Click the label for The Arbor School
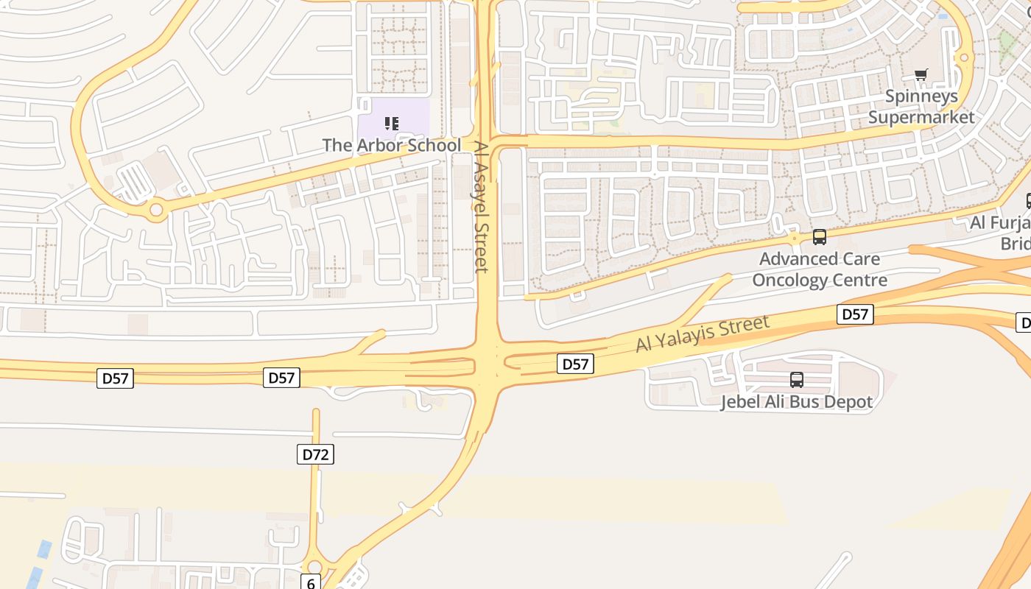pos(392,145)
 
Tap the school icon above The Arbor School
pos(392,124)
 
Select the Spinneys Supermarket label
pos(921,107)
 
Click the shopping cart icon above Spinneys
pos(921,74)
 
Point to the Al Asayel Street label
pos(481,207)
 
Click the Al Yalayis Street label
pos(703,334)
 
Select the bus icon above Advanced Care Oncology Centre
pos(820,237)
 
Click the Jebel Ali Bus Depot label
pos(796,402)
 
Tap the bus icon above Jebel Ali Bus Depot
pos(796,380)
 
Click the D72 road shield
pos(316,454)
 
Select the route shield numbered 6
pos(311,583)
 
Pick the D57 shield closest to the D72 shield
pos(281,378)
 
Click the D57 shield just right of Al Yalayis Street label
pos(855,314)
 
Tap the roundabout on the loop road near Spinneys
pos(963,57)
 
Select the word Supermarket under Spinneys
pos(921,117)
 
